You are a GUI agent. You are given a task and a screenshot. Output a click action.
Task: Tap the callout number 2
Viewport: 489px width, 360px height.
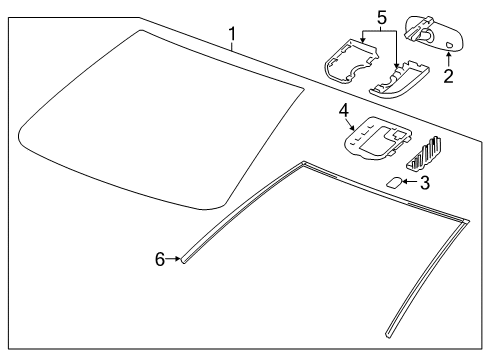click(x=449, y=76)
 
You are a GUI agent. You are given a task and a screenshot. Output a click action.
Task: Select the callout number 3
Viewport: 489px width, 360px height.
click(x=424, y=182)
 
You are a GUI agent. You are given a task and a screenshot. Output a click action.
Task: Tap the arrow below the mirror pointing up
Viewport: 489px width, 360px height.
click(x=448, y=61)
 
